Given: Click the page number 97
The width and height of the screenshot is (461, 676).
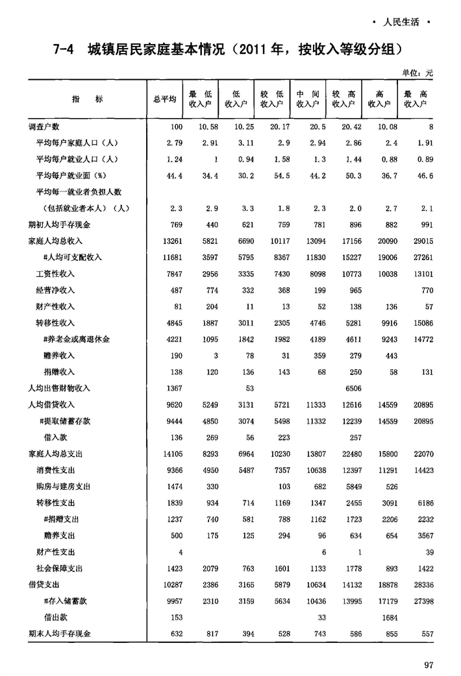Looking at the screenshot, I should [428, 664].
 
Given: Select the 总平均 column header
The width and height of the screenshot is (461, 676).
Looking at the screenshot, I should [164, 99].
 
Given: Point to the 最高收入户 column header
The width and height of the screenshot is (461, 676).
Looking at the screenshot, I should [415, 99].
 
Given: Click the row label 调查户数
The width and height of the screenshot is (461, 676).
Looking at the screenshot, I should [44, 127].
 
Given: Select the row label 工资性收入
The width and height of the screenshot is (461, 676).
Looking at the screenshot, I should [55, 274].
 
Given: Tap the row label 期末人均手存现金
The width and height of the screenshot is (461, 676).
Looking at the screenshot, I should [59, 633].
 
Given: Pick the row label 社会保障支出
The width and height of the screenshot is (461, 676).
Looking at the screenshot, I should [59, 568].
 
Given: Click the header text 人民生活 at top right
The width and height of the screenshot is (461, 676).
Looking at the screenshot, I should [401, 23].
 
